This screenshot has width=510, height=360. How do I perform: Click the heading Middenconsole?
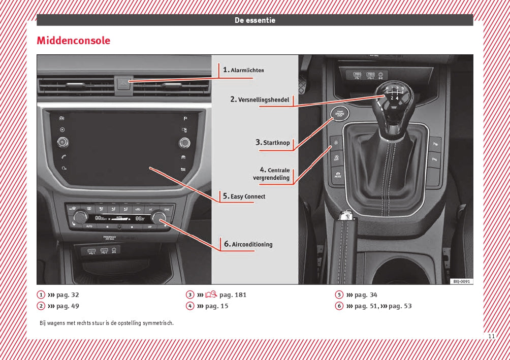click(73, 41)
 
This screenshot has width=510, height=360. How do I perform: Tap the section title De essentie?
click(254, 20)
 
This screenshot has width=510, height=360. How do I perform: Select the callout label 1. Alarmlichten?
click(243, 70)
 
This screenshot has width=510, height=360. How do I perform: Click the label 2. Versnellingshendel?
click(260, 100)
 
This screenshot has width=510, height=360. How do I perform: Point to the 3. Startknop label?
click(273, 143)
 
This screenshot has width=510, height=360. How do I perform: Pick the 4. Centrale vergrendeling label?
click(272, 174)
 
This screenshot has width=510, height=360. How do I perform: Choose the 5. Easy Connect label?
click(244, 197)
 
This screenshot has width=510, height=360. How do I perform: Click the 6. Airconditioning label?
click(248, 244)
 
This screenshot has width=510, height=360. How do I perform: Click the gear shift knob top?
click(392, 94)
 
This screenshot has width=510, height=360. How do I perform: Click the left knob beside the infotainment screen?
click(62, 142)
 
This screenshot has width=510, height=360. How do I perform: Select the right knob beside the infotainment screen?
click(185, 143)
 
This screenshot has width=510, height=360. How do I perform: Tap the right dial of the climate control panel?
click(160, 218)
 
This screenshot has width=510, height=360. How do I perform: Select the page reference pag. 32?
click(68, 294)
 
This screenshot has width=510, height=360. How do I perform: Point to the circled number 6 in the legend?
click(339, 306)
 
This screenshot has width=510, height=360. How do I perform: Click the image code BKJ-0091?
click(461, 281)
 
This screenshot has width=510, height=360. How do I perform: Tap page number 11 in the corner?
click(491, 336)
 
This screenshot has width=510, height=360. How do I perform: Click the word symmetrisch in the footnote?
click(158, 323)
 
